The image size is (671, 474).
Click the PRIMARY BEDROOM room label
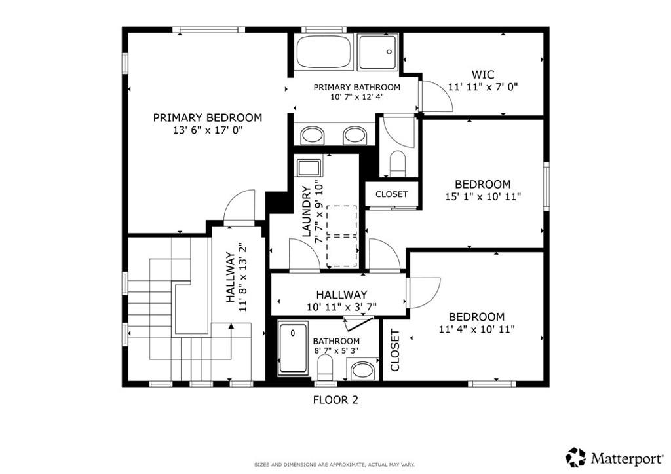click(x=208, y=118)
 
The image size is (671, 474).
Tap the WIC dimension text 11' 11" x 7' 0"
click(x=483, y=87)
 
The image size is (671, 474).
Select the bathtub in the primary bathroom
click(x=324, y=52)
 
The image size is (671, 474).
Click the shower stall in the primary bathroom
click(x=378, y=52)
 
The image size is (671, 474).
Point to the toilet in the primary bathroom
click(x=398, y=163)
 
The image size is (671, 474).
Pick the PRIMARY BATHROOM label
click(x=357, y=87)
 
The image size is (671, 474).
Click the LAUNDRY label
click(x=307, y=211)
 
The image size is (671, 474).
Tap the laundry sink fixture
click(x=309, y=168)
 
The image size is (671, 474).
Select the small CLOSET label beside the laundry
click(x=392, y=194)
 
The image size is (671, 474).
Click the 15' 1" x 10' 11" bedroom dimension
click(x=483, y=197)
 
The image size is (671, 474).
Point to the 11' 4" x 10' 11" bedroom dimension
click(x=477, y=329)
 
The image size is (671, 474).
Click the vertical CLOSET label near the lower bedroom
click(x=395, y=350)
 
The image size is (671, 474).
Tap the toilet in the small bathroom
click(x=325, y=367)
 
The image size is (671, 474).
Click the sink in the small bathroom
click(x=364, y=370)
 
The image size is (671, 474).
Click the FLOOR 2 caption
click(x=335, y=400)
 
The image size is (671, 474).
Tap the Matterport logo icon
click(x=575, y=458)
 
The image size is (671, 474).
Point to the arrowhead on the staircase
click(x=231, y=326)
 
